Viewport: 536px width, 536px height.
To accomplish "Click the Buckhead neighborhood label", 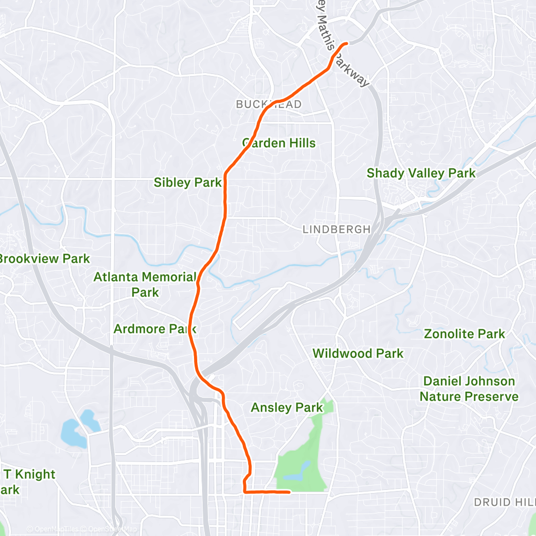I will [269, 105].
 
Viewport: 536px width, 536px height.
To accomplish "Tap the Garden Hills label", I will [279, 143].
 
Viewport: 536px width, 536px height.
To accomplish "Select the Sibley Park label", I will [188, 182].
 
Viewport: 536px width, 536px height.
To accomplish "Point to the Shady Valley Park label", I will [421, 173].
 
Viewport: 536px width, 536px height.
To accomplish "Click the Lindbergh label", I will [336, 229].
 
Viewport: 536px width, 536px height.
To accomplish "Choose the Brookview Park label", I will [44, 259].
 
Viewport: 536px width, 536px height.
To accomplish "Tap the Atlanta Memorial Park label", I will [145, 285].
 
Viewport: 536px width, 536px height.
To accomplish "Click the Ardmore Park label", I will [155, 329].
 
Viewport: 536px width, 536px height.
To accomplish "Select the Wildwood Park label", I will [358, 353].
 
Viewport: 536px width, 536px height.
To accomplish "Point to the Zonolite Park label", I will [464, 334].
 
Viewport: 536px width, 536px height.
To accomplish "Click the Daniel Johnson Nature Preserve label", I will [468, 389].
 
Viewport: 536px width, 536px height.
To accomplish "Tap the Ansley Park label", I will [287, 408].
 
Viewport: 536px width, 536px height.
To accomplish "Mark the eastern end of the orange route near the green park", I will [289, 491].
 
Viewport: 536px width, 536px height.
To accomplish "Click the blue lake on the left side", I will [73, 431].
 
